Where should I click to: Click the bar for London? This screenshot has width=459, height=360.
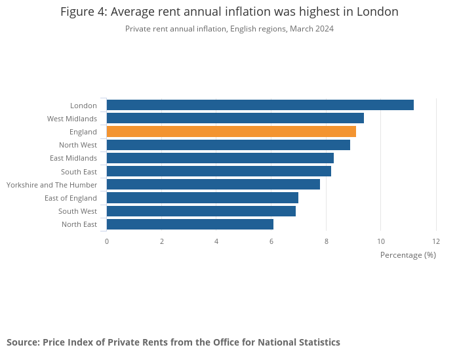coord(260,105)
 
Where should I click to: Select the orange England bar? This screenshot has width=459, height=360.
coord(231,132)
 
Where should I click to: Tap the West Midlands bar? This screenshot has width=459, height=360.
coord(235,118)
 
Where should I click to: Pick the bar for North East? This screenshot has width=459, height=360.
coord(190,224)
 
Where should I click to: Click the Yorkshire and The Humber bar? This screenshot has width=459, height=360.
coord(213,184)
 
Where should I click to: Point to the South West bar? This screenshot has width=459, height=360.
coord(201,211)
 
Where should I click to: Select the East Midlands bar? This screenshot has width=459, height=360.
coord(220,158)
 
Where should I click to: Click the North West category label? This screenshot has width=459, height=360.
coord(77,145)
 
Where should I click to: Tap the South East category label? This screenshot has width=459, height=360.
coord(79,172)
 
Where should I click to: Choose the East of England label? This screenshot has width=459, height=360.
coord(70,198)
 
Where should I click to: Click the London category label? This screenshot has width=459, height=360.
coord(83,106)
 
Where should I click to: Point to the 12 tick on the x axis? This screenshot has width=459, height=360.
coord(436,241)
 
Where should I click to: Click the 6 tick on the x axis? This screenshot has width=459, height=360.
coord(271,241)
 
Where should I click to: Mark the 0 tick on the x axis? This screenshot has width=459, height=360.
coord(107,241)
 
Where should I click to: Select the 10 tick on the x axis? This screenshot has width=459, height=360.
coord(381,241)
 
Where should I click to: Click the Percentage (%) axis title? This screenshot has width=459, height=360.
coord(408,254)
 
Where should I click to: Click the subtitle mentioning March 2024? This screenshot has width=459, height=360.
coord(229,29)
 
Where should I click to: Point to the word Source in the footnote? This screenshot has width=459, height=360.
coord(22,342)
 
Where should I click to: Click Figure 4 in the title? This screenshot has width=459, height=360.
coord(83,12)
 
